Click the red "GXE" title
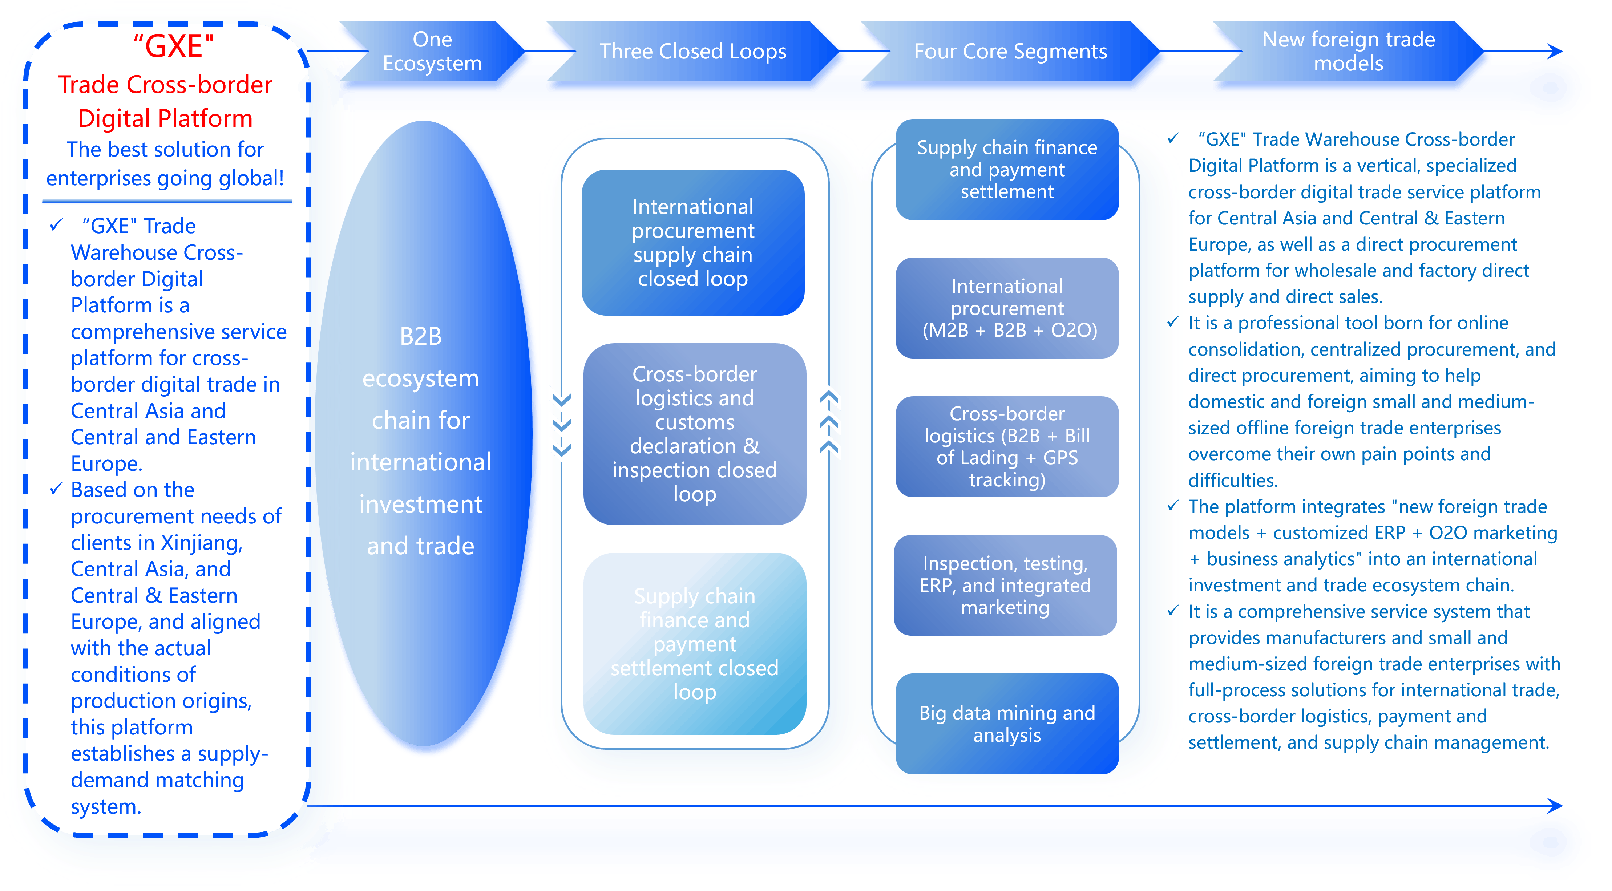click(173, 46)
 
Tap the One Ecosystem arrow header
click(432, 51)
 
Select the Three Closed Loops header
click(693, 51)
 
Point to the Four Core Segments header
click(1010, 51)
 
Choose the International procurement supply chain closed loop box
click(693, 242)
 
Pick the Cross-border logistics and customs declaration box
click(695, 434)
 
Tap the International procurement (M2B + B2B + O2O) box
click(1007, 308)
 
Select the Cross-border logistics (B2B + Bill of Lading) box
click(1007, 447)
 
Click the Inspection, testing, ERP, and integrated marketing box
click(1005, 585)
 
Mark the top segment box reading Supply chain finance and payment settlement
click(1007, 169)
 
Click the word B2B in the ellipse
click(420, 337)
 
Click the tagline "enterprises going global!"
click(165, 178)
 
